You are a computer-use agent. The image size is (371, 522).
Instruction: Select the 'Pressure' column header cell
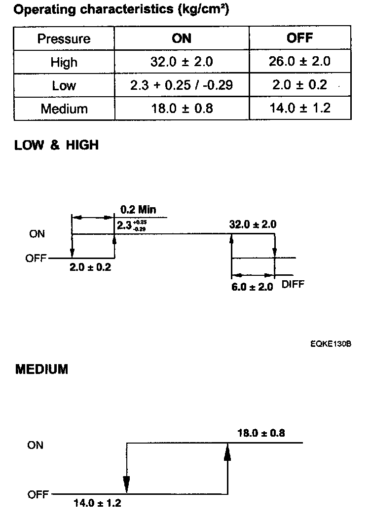[x=64, y=38]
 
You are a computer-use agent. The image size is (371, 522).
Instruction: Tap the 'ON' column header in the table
[x=182, y=38]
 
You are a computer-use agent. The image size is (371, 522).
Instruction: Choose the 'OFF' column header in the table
[x=300, y=38]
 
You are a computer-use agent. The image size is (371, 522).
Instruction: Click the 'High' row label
[x=64, y=62]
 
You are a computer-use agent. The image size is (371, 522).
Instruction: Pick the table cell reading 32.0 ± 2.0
[x=182, y=62]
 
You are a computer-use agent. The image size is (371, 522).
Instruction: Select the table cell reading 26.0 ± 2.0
[x=300, y=62]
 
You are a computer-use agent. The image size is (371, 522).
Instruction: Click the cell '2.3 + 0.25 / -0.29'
[x=182, y=85]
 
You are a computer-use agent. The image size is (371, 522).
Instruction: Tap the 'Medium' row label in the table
[x=64, y=109]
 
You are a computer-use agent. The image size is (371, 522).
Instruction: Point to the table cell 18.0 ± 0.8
[x=182, y=109]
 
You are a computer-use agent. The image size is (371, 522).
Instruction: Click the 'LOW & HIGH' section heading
[x=57, y=146]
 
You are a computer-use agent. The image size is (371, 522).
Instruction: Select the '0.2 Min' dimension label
[x=138, y=210]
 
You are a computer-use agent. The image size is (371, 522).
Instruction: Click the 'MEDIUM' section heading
[x=41, y=369]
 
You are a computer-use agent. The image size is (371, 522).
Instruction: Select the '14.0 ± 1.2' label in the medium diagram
[x=97, y=503]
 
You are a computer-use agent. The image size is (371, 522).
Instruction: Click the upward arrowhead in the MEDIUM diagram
[x=227, y=451]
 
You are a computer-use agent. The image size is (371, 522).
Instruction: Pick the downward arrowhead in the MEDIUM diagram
[x=127, y=485]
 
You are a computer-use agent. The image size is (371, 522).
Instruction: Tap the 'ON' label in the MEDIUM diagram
[x=36, y=445]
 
